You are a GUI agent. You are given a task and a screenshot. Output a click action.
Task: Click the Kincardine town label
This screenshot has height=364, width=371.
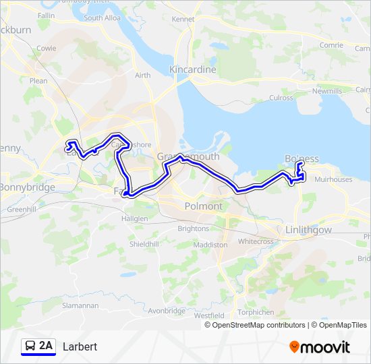(193, 69)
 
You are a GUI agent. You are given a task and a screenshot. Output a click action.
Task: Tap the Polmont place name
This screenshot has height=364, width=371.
(204, 206)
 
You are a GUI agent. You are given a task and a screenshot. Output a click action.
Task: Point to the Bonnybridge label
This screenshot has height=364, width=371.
(27, 187)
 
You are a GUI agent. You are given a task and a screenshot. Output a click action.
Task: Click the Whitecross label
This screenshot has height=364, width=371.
(256, 241)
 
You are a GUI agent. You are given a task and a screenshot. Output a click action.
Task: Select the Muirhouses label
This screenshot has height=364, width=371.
(333, 180)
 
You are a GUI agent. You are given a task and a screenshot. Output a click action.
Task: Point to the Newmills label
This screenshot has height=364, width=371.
(327, 90)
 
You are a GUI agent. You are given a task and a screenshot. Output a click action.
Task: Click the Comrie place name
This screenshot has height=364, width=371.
(332, 45)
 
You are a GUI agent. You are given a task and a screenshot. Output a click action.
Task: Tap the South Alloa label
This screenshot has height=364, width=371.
(103, 18)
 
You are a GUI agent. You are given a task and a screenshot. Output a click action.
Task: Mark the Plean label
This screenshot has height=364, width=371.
(38, 81)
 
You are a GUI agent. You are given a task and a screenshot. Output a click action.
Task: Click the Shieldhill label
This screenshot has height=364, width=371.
(145, 243)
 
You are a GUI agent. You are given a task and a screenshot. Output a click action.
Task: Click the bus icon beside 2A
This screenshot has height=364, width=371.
(30, 346)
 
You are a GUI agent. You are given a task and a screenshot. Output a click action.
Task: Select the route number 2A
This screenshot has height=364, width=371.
(46, 346)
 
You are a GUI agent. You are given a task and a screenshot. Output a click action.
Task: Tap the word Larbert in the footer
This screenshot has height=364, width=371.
(80, 346)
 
